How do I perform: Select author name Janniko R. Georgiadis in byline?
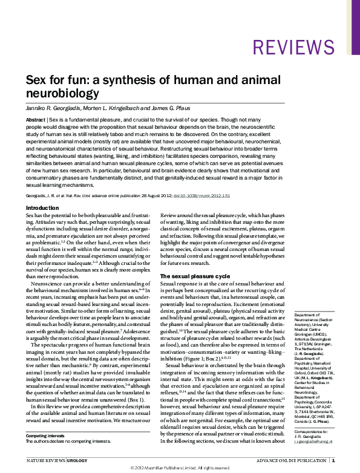pos(53,108)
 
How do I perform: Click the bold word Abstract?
pos(36,120)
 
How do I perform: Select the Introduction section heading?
pos(42,207)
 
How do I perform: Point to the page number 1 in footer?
pos(333,460)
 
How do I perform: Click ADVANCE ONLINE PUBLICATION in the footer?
pos(290,460)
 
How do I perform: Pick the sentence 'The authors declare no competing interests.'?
pos(68,442)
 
